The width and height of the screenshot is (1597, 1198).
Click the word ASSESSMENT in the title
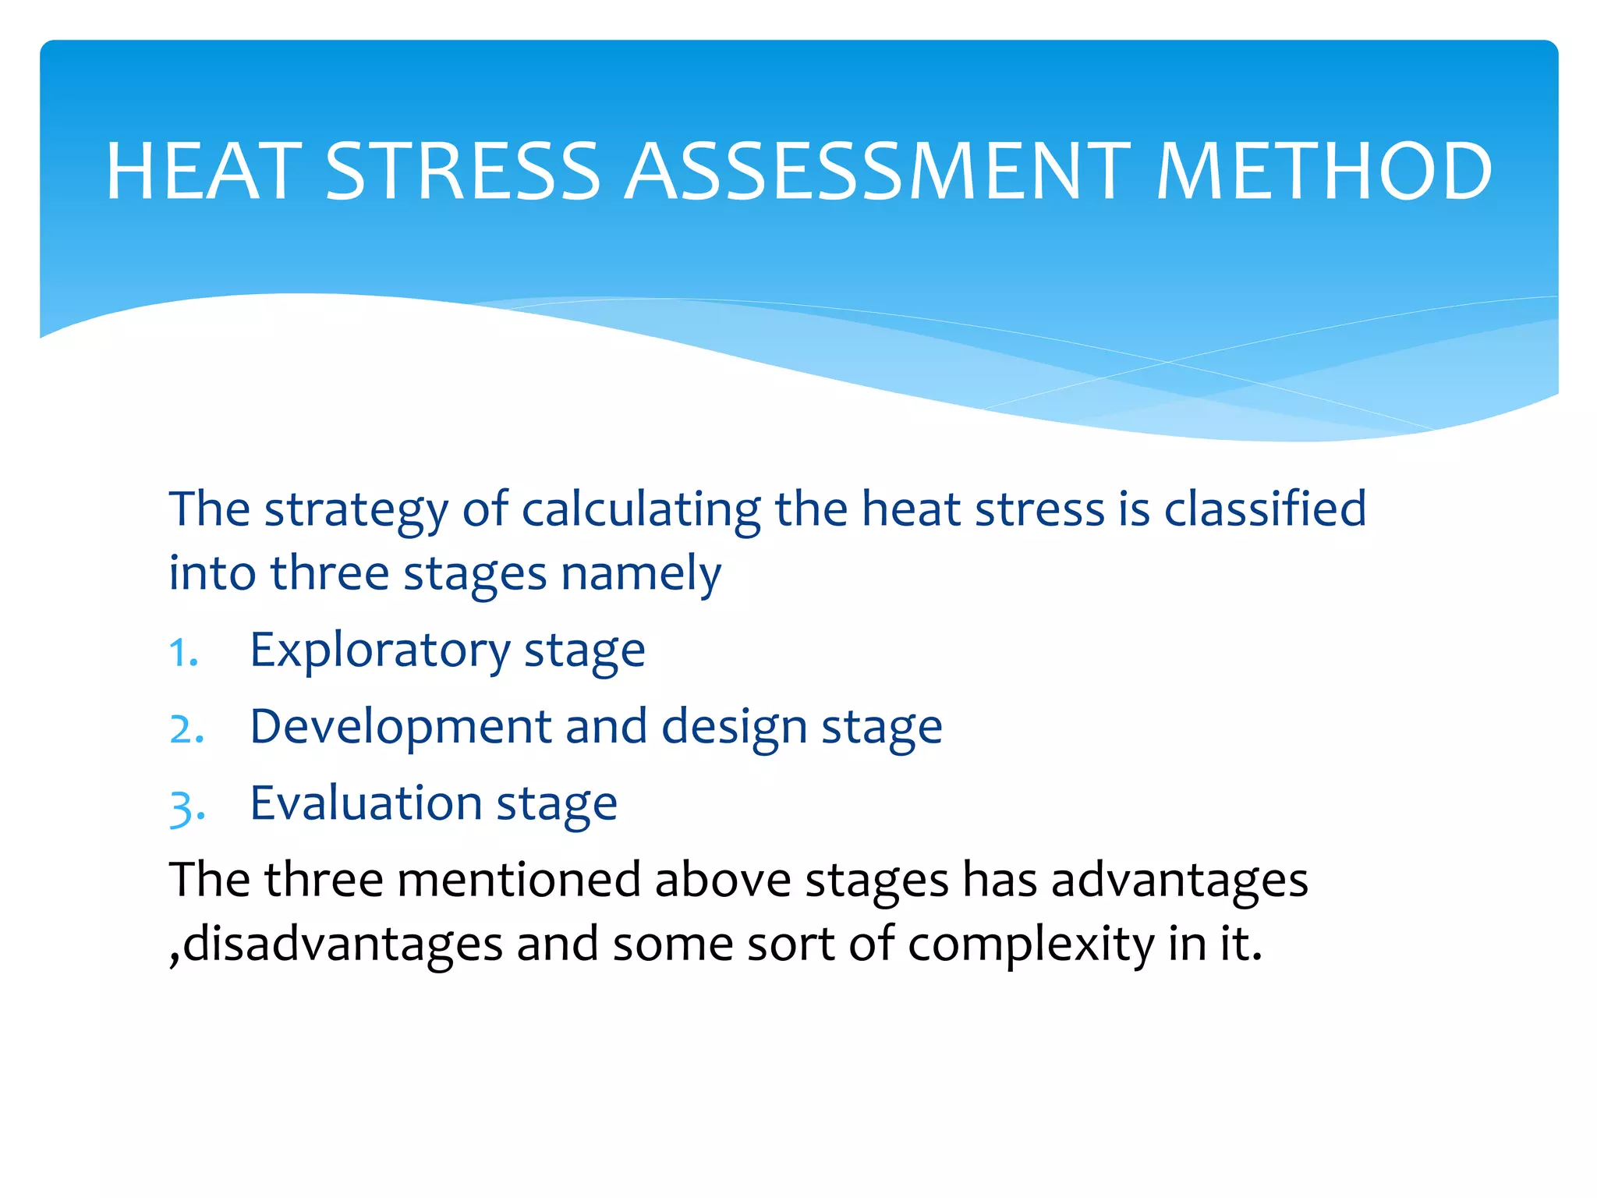(877, 171)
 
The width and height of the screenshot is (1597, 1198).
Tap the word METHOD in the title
(1323, 171)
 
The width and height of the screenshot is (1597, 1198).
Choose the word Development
(400, 727)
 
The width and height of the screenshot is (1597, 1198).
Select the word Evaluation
(366, 803)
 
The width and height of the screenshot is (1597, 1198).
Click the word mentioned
(519, 880)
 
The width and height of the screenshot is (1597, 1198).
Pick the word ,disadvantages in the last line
(335, 944)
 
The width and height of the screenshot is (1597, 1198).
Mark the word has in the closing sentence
(1000, 880)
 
